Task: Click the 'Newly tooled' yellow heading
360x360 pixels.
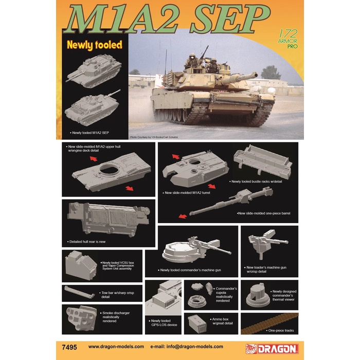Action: (x=94, y=45)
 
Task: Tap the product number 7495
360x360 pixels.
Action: (x=69, y=346)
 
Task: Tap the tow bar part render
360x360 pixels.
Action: (x=80, y=294)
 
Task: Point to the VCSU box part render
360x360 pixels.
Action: (x=80, y=265)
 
